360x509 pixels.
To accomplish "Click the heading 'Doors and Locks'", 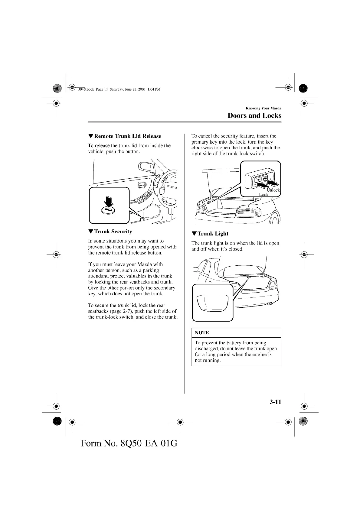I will click(x=254, y=115).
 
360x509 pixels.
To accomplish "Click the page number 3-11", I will click(x=275, y=402).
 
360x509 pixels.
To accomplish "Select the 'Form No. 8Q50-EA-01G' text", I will click(x=129, y=443).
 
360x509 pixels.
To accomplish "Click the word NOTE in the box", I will click(x=202, y=333).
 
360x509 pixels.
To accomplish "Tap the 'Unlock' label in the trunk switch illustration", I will click(x=273, y=190).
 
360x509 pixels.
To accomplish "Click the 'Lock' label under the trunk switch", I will click(x=263, y=194).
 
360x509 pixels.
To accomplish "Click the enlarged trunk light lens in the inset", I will click(x=212, y=303).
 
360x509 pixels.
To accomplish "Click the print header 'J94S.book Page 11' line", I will click(x=119, y=89).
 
